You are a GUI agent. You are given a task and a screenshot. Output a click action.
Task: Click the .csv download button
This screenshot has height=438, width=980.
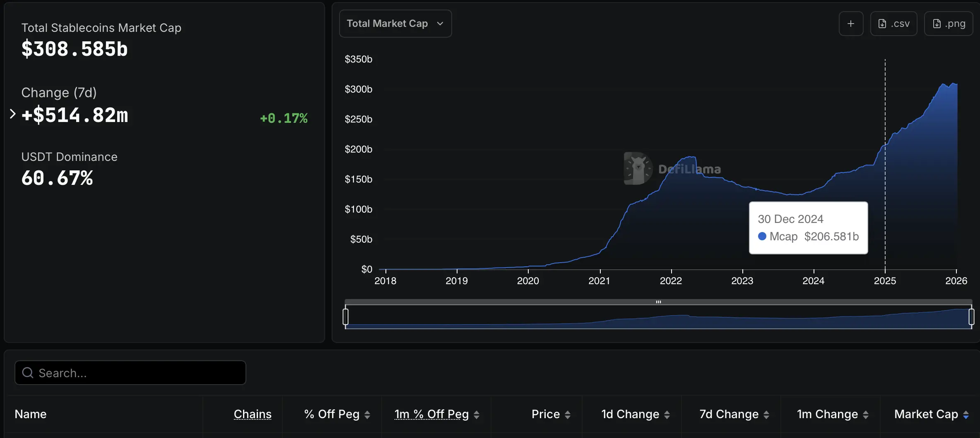[x=893, y=24]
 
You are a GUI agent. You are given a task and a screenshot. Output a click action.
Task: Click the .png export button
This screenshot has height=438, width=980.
[x=948, y=24]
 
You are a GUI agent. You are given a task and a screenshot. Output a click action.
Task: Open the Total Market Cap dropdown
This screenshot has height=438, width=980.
[x=395, y=24]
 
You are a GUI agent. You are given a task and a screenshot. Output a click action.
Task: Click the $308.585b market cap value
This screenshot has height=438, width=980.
[x=75, y=49]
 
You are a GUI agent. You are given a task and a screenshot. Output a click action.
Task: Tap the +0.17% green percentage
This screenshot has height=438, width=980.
[x=284, y=118]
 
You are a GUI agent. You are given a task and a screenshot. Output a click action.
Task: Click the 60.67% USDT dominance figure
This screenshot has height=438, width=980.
[x=57, y=178]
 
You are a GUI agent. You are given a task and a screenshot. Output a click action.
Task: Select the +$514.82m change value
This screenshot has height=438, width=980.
[x=75, y=115]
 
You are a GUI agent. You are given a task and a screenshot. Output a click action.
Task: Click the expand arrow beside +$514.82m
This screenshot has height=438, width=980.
[x=12, y=114]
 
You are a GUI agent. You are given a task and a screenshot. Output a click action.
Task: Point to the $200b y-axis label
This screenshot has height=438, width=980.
[x=359, y=149]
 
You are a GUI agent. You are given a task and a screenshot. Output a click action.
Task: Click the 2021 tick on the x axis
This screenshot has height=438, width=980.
[x=599, y=280]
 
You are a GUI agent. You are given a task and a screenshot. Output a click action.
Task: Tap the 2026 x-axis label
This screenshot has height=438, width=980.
[x=956, y=280]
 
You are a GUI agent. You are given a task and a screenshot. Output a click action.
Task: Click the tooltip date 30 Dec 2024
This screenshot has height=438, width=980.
[x=790, y=219]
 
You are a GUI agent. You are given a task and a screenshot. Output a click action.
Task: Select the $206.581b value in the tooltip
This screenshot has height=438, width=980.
[x=831, y=236]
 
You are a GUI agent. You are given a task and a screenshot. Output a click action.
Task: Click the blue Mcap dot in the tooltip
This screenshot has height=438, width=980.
[x=762, y=236]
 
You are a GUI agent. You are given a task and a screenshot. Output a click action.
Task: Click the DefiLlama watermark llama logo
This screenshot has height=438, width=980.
[x=638, y=168]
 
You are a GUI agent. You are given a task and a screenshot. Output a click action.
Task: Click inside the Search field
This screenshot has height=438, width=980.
[x=130, y=373]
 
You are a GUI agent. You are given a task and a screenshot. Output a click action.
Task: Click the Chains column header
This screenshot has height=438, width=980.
[x=253, y=414]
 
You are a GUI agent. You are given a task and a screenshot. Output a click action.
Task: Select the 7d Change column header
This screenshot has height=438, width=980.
[x=729, y=414]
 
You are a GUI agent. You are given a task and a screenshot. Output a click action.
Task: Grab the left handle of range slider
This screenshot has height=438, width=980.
[x=346, y=317]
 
